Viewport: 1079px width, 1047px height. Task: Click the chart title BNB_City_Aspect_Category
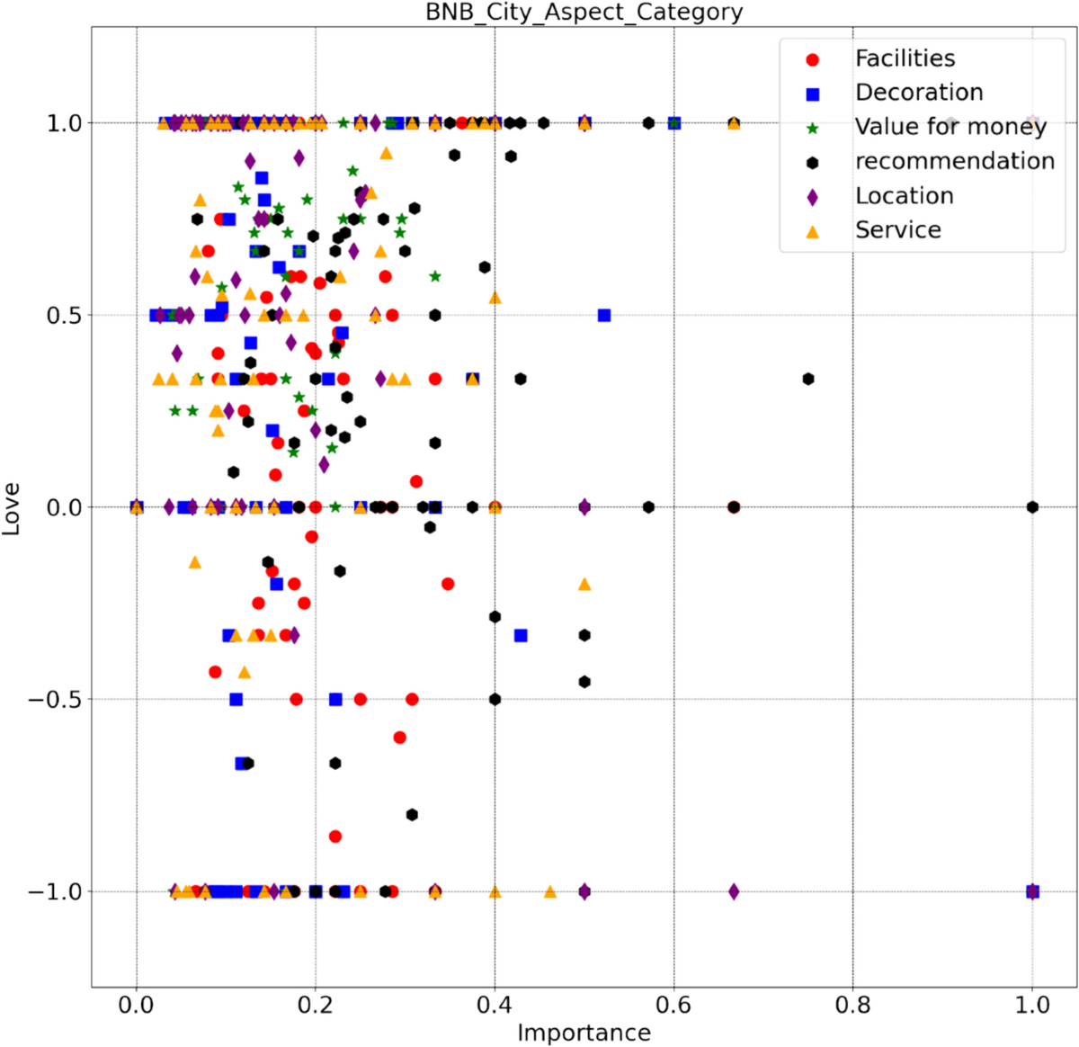tap(584, 13)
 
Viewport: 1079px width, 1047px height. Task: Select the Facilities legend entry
tap(905, 58)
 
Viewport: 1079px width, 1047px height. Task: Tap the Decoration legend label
tap(919, 93)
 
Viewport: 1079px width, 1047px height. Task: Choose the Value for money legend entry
tap(950, 127)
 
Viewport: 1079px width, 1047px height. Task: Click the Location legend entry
tap(904, 196)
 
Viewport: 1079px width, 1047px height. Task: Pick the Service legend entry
tap(897, 230)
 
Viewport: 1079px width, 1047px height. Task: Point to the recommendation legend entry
tap(954, 161)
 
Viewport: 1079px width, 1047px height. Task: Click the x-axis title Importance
tap(584, 1033)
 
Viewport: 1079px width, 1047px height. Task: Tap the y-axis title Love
tap(12, 508)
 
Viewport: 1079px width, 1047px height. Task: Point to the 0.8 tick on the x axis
tap(852, 1004)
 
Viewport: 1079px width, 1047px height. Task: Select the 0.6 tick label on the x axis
tap(673, 1004)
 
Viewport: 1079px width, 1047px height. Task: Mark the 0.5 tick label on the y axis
tap(65, 316)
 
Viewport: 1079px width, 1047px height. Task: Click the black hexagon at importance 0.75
tap(808, 380)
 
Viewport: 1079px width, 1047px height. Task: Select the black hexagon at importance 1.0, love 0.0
tap(1032, 507)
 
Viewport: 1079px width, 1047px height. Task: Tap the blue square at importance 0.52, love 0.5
tap(604, 316)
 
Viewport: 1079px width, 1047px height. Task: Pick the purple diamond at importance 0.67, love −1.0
tap(734, 891)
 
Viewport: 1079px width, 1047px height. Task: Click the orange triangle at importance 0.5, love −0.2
tap(584, 584)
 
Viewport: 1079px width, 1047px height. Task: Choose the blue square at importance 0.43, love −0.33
tap(521, 635)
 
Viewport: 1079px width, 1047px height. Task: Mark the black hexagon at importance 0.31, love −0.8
tap(412, 815)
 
